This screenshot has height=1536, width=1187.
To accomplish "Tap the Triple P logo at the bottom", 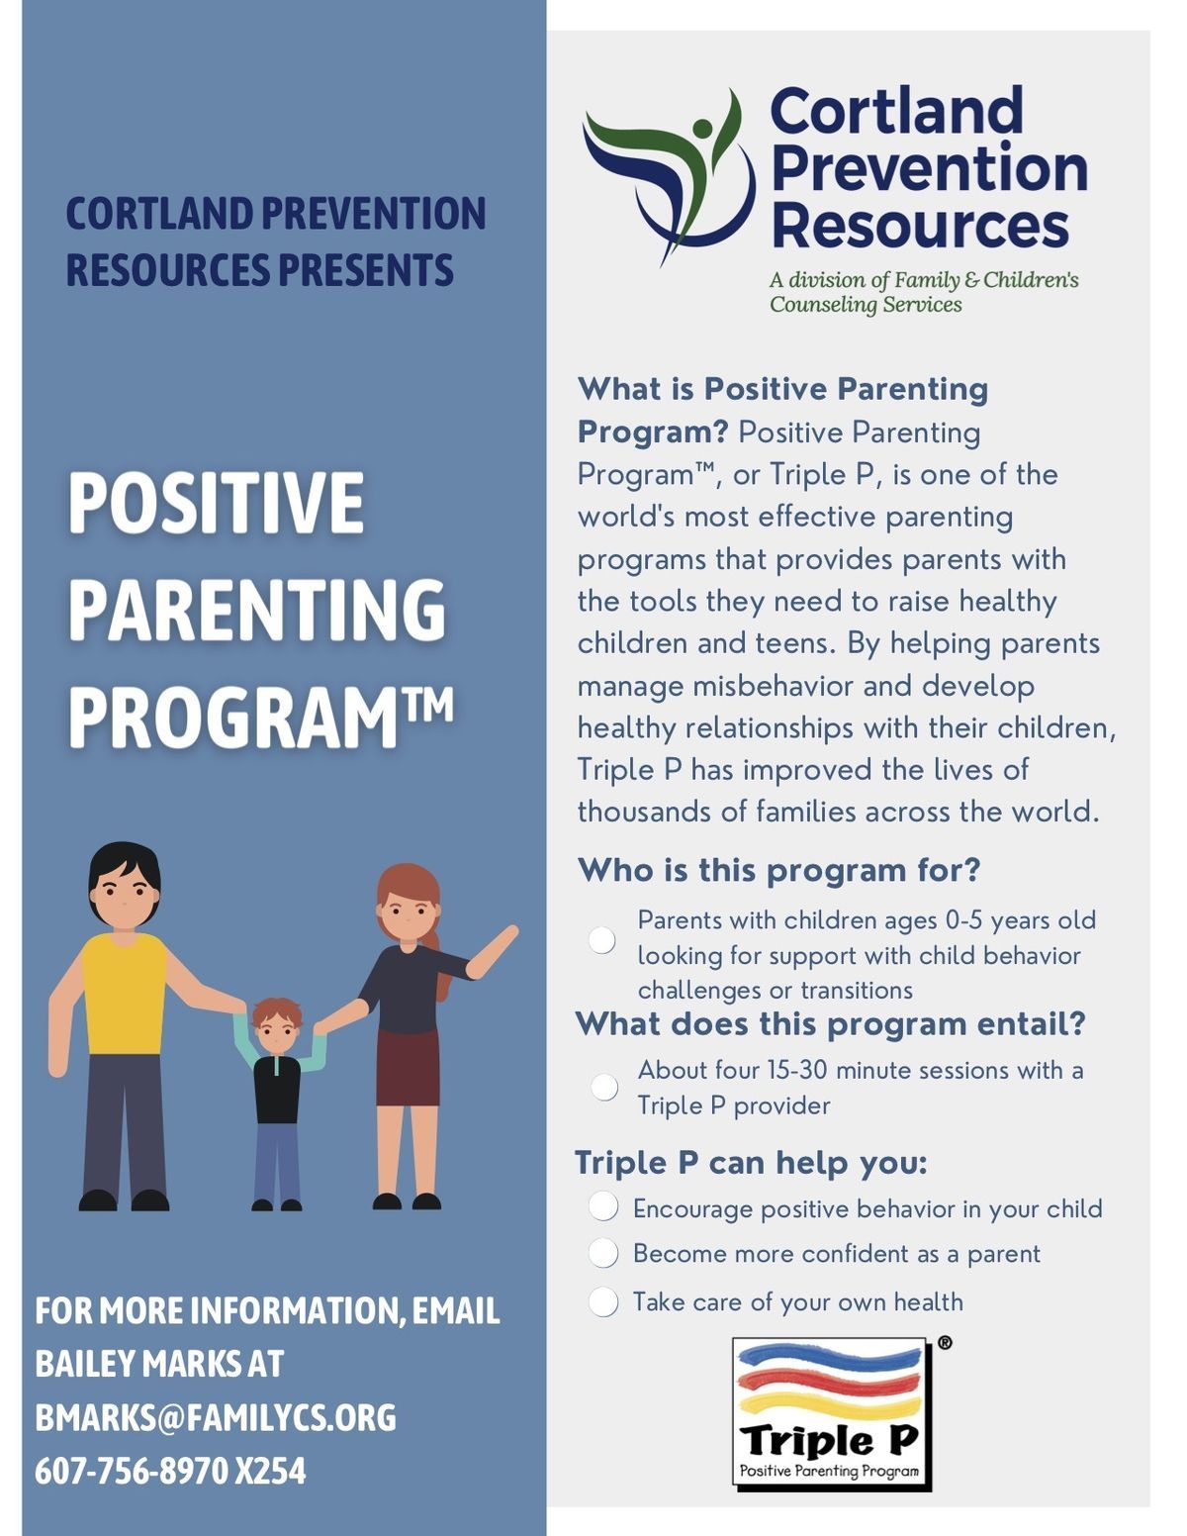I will pyautogui.click(x=831, y=1413).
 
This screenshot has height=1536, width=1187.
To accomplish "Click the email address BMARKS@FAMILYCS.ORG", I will pyautogui.click(x=215, y=1417).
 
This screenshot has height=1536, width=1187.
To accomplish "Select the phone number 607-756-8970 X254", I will pyautogui.click(x=170, y=1471).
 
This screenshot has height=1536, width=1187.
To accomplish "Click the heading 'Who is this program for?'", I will pyautogui.click(x=778, y=870).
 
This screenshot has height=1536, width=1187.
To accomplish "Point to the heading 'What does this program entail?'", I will pyautogui.click(x=830, y=1023).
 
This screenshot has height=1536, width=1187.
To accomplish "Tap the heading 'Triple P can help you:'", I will pyautogui.click(x=751, y=1162).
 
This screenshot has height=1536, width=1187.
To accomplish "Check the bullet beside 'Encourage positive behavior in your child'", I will pyautogui.click(x=603, y=1206).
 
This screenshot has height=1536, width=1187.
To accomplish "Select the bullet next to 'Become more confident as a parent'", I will pyautogui.click(x=603, y=1253).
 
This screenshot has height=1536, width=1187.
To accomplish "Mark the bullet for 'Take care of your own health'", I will pyautogui.click(x=603, y=1301).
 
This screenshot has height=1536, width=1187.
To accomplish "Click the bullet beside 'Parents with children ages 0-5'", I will pyautogui.click(x=602, y=939).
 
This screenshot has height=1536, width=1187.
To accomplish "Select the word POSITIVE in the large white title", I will pyautogui.click(x=216, y=503).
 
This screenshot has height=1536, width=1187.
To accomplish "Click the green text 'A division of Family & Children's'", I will pyautogui.click(x=924, y=280).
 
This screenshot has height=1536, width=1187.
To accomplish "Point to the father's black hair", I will pyautogui.click(x=123, y=861).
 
